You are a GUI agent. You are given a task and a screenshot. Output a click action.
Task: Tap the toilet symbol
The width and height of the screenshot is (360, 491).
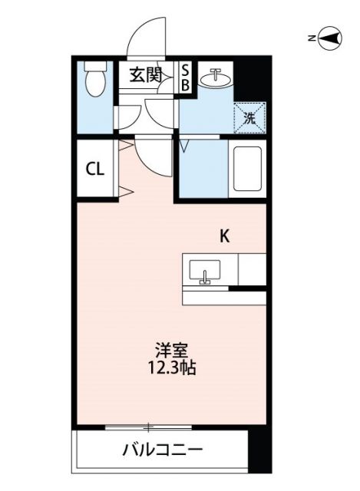point(96,80)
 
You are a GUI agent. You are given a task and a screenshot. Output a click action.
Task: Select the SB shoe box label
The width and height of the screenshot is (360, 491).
point(185,77)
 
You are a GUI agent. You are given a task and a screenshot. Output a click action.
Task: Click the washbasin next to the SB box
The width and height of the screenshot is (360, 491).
point(216,77)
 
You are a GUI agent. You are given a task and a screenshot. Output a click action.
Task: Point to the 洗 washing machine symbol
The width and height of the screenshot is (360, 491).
point(249,117)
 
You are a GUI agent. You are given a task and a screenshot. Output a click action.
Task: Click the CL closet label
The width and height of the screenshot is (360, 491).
point(96,170)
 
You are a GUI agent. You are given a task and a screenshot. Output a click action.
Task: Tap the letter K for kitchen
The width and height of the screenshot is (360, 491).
point(225,236)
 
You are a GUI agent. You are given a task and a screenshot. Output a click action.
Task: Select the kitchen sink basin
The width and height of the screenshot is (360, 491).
point(204,270)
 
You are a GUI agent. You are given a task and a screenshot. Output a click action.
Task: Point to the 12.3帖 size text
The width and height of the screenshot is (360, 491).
point(170,368)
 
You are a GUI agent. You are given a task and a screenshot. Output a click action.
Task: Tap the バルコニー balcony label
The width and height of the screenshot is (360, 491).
point(163,449)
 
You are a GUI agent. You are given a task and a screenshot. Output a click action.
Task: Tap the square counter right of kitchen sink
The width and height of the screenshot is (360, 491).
point(252,269)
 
